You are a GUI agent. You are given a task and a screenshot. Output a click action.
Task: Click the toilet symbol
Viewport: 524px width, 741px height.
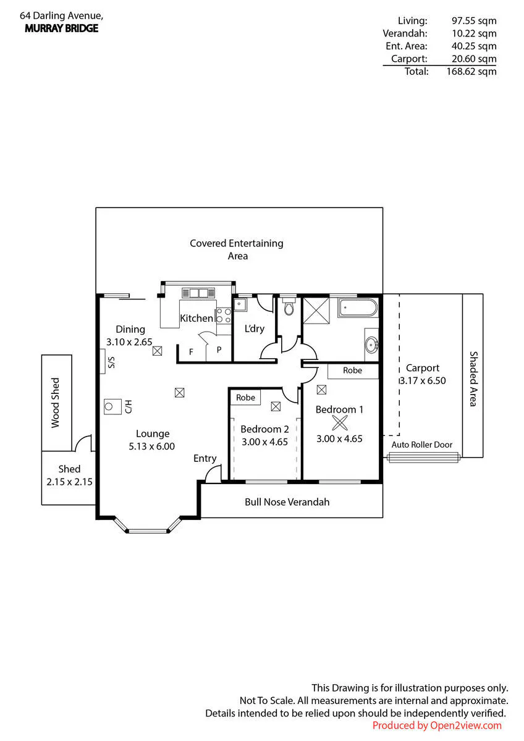pyautogui.click(x=289, y=306)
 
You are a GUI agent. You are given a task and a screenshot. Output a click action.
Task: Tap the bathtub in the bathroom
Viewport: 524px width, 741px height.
pyautogui.click(x=358, y=308)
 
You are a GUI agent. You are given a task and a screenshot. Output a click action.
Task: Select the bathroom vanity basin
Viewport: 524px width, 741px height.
pyautogui.click(x=372, y=345)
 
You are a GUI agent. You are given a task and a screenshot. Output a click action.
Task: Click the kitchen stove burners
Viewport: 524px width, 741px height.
pyautogui.click(x=224, y=316)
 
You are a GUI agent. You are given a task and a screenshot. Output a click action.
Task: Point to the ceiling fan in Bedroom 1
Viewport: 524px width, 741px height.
pyautogui.click(x=340, y=423)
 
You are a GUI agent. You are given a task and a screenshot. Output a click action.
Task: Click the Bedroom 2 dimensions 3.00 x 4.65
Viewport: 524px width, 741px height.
pyautogui.click(x=264, y=442)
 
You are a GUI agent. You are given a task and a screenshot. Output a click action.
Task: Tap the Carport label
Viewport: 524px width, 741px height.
pyautogui.click(x=423, y=368)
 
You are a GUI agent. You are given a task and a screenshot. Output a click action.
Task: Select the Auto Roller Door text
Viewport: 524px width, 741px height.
pyautogui.click(x=421, y=445)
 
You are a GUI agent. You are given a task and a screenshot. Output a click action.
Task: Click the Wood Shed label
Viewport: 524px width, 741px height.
pyautogui.click(x=55, y=403)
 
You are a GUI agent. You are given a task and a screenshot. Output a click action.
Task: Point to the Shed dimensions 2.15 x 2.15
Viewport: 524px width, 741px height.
pyautogui.click(x=69, y=482)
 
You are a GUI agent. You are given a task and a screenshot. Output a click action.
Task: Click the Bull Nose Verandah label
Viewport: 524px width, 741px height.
pyautogui.click(x=287, y=502)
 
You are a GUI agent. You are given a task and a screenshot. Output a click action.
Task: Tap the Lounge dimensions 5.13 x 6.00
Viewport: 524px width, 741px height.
pyautogui.click(x=151, y=446)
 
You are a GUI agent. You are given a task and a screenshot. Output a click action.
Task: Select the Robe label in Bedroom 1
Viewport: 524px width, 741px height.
pyautogui.click(x=352, y=370)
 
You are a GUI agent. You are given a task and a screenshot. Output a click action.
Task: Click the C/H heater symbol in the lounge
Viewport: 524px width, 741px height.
pyautogui.click(x=112, y=406)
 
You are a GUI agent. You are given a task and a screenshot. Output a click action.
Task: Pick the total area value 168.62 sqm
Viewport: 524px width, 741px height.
pyautogui.click(x=471, y=72)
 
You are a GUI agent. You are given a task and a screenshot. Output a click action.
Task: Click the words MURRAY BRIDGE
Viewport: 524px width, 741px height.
pyautogui.click(x=62, y=28)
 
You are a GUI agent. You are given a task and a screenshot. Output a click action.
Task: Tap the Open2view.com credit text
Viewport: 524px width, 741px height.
pyautogui.click(x=465, y=726)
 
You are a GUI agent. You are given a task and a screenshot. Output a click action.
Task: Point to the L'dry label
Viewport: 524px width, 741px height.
pyautogui.click(x=254, y=329)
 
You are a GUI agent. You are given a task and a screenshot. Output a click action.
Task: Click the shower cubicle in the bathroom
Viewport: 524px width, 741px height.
pyautogui.click(x=316, y=311)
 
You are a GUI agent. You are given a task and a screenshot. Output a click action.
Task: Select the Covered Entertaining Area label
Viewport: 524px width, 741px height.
pyautogui.click(x=237, y=249)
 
